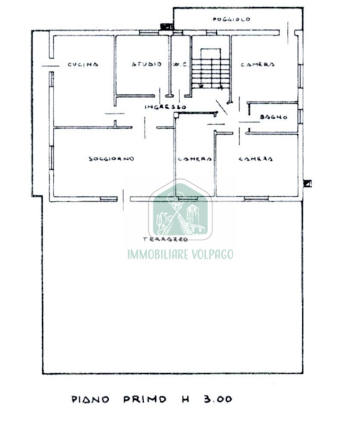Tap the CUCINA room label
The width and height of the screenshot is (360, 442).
pyautogui.click(x=83, y=64)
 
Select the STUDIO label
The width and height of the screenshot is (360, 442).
pyautogui.click(x=146, y=64)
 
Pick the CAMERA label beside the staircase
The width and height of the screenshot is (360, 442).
pyautogui.click(x=257, y=65)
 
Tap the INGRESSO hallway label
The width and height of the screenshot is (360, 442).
pyautogui.click(x=165, y=106)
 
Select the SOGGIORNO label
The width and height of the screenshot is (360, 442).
pyautogui.click(x=111, y=159)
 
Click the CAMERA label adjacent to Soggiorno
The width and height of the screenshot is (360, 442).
pyautogui.click(x=194, y=159)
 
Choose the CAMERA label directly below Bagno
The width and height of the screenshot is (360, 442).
pyautogui.click(x=255, y=159)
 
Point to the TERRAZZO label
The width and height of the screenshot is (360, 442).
pyautogui.click(x=165, y=239)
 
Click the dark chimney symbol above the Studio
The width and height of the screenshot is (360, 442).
pyautogui.click(x=165, y=25)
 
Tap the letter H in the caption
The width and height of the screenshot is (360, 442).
pyautogui.click(x=183, y=399)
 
